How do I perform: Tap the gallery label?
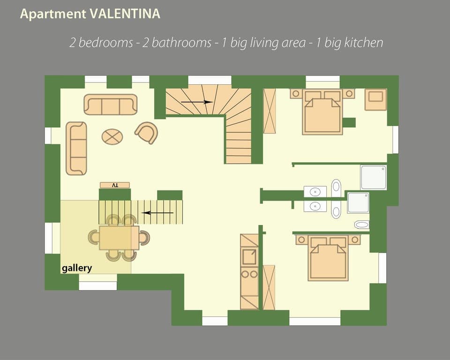coord(77,269)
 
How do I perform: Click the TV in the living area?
coord(115,185)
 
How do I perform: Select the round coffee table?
coord(112,137)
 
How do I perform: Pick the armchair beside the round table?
coord(147,133)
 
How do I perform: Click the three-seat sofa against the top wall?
coord(111,105)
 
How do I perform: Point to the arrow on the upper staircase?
coord(197,102)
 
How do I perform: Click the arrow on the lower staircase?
coord(157,213)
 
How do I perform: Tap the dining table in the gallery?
coord(119,238)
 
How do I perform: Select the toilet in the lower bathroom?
coord(361,225)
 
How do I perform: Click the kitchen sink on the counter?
coord(249,256)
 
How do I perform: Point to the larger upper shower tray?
coord(374,177)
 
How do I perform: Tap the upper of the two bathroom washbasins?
coord(315,191)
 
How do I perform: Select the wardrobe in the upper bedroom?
coord(270,111)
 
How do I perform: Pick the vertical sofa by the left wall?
coord(76,148)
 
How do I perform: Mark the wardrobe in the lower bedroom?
coord(269,287)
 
